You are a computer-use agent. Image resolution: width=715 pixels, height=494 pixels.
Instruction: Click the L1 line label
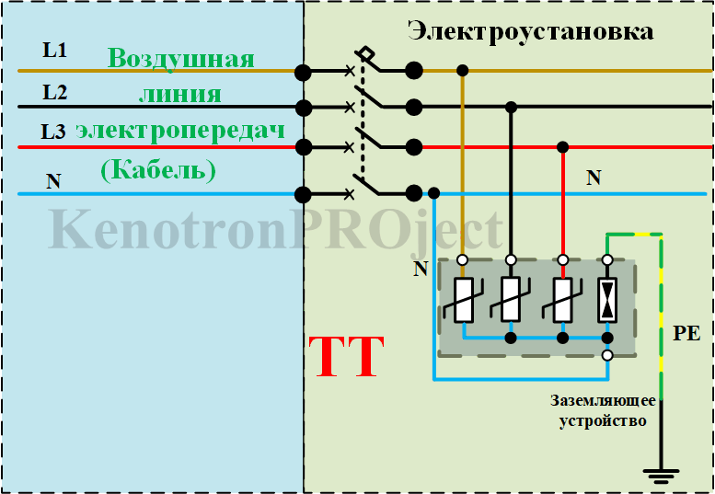54,50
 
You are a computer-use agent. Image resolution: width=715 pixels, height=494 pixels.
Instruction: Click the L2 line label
54,91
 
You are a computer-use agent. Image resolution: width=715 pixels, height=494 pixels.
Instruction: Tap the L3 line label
53,132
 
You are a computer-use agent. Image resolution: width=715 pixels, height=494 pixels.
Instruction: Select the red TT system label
345,358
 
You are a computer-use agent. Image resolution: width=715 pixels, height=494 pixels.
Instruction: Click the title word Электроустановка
531,31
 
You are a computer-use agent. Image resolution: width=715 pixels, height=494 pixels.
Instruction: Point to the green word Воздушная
180,60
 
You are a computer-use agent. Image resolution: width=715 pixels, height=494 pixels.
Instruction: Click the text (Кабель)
157,169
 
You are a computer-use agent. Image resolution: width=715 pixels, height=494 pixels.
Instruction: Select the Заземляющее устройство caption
603,411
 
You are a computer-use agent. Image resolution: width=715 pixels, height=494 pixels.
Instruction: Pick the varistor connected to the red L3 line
562,299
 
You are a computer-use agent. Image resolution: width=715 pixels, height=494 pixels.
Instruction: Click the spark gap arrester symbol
606,299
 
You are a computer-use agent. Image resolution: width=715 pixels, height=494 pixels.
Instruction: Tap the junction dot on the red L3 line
562,147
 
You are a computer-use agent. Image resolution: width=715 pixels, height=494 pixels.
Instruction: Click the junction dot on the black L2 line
512,108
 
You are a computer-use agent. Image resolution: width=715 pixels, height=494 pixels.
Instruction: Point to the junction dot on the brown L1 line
462,70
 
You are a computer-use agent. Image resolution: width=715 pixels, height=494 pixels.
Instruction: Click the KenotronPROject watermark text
276,229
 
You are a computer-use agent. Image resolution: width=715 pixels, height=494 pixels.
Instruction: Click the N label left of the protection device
421,269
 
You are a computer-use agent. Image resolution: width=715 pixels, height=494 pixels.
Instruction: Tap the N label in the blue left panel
53,181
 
